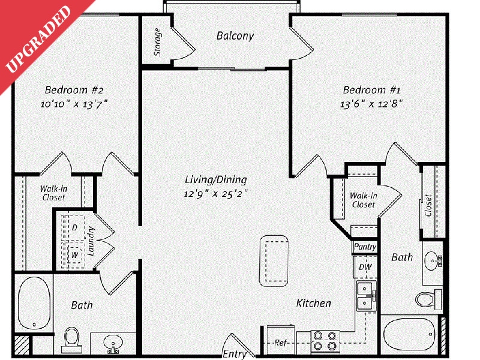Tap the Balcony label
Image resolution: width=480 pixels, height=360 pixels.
(x=235, y=36)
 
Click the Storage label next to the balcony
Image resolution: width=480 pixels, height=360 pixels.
(x=158, y=42)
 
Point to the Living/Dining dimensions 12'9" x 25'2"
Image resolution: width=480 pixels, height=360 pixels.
(x=216, y=193)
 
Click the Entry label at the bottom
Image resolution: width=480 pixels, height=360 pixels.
(x=235, y=354)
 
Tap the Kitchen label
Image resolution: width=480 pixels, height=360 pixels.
(x=313, y=304)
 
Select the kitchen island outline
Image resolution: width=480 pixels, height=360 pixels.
(x=272, y=260)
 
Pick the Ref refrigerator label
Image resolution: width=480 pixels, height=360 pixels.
(x=280, y=343)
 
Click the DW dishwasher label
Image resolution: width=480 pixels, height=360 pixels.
(x=365, y=266)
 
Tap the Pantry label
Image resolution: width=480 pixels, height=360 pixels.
(x=365, y=247)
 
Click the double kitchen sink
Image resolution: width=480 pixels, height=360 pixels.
(x=365, y=295)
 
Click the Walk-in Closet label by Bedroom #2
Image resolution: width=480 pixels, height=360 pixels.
(x=53, y=193)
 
